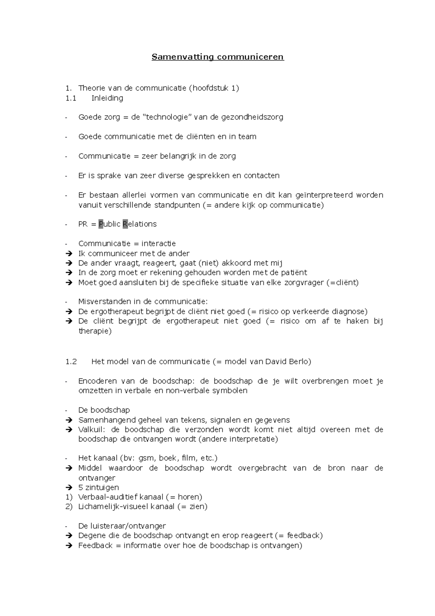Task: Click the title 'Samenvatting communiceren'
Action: tap(217, 57)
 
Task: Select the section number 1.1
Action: tap(71, 98)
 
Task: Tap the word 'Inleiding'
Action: tap(107, 98)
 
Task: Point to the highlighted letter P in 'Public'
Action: tap(101, 224)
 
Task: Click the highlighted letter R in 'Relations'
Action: tap(125, 224)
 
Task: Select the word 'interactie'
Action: tap(158, 243)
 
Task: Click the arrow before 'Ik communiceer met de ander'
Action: tap(69, 254)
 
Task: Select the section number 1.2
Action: tap(71, 362)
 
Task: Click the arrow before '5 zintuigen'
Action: tap(69, 488)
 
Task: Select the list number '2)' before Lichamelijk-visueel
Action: tap(69, 506)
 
